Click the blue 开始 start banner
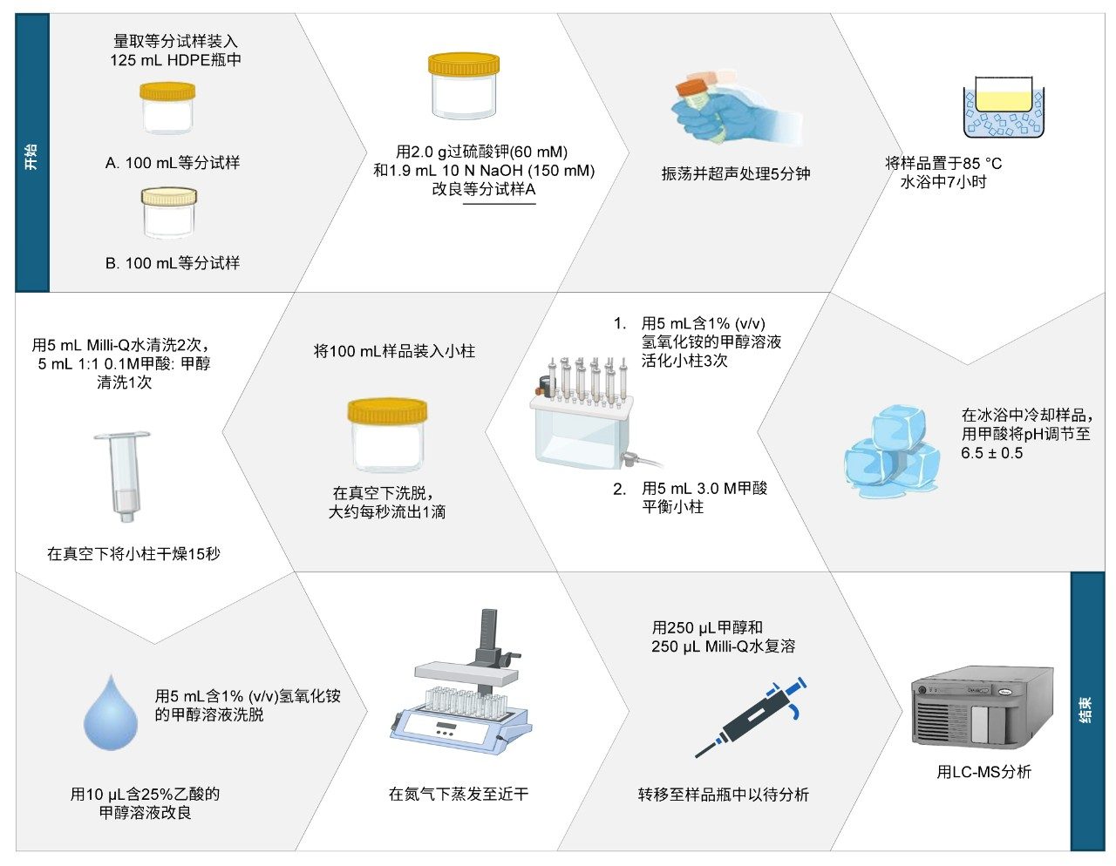click(32, 152)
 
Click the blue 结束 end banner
click(1087, 712)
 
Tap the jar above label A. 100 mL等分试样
click(167, 108)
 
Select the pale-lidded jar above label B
click(169, 213)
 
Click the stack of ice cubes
click(893, 452)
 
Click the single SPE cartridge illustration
click(123, 477)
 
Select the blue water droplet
click(111, 713)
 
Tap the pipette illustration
click(751, 717)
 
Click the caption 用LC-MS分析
click(983, 772)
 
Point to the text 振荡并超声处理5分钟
click(736, 174)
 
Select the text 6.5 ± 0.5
click(991, 453)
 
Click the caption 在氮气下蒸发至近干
click(458, 795)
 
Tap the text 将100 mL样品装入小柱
click(394, 351)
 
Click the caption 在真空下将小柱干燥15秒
click(133, 553)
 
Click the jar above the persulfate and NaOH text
click(464, 86)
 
